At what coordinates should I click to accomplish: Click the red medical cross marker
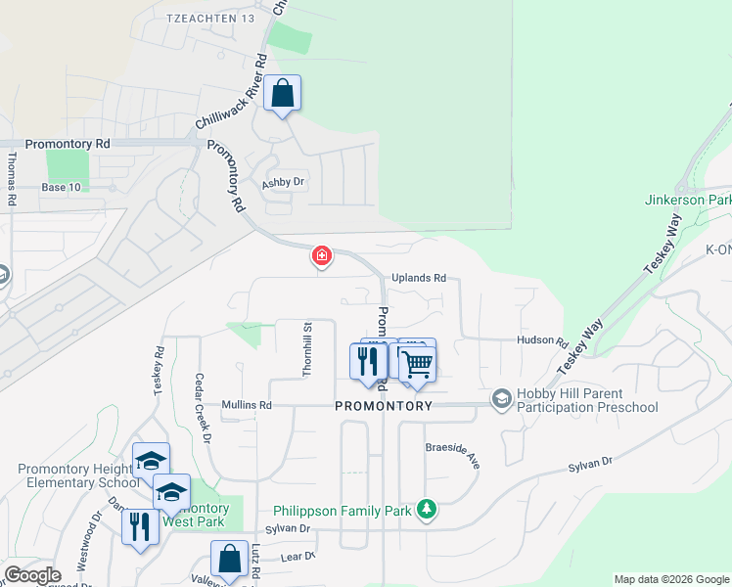pyautogui.click(x=321, y=256)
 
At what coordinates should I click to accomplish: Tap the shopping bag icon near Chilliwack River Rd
pyautogui.click(x=283, y=94)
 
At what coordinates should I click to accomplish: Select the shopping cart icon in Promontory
pyautogui.click(x=418, y=365)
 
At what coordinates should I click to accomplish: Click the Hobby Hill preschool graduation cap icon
pyautogui.click(x=502, y=398)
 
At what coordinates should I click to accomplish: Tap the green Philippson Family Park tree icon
pyautogui.click(x=426, y=509)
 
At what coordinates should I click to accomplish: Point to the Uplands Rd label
pyautogui.click(x=420, y=278)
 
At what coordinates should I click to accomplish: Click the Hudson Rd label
pyautogui.click(x=543, y=342)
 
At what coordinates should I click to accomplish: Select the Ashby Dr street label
pyautogui.click(x=284, y=183)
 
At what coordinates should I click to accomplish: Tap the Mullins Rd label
pyautogui.click(x=245, y=405)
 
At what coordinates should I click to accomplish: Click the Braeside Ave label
pyautogui.click(x=452, y=453)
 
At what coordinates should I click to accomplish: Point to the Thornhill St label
pyautogui.click(x=306, y=350)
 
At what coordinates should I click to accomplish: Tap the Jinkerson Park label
pyautogui.click(x=687, y=200)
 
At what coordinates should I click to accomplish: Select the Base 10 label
pyautogui.click(x=61, y=187)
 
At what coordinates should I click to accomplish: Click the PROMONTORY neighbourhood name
pyautogui.click(x=384, y=405)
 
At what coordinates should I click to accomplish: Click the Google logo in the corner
pyautogui.click(x=32, y=575)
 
